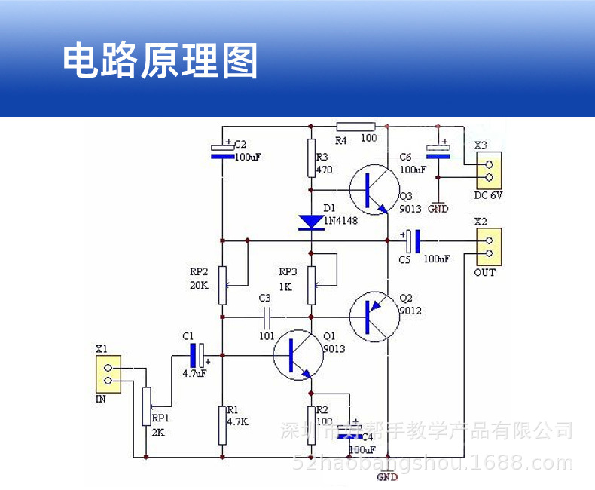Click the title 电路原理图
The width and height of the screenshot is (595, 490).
160,60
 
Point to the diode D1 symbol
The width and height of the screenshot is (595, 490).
311,222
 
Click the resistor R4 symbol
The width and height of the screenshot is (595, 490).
355,126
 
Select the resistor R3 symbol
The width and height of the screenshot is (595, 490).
311,158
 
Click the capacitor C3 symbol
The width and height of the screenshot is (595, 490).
265,317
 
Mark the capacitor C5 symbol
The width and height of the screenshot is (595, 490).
412,241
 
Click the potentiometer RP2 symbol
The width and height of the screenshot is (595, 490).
222,285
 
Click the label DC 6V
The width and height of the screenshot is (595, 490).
489,195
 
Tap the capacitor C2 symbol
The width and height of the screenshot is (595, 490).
222,151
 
